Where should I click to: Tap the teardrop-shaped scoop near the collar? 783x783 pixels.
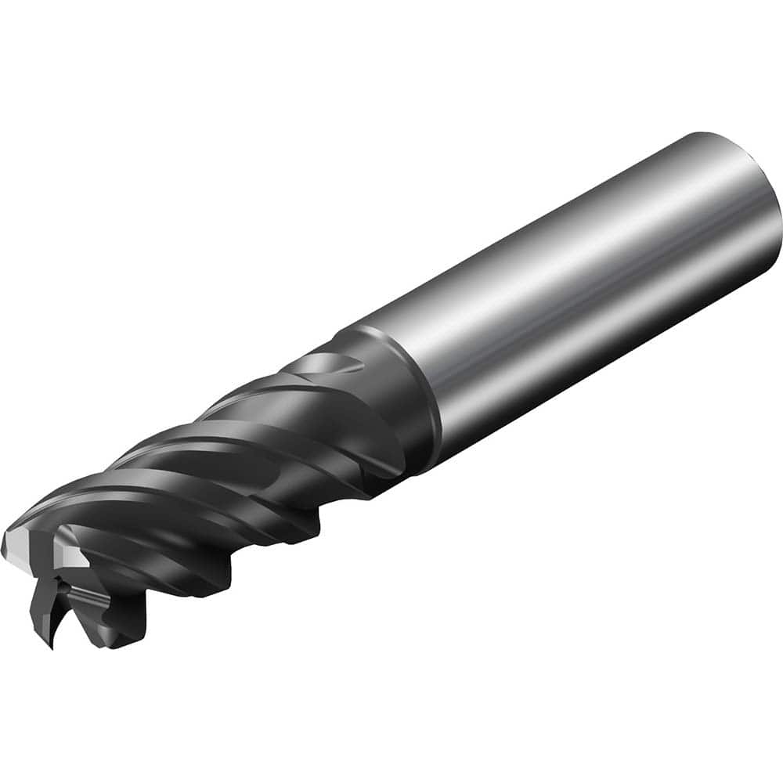coord(333,368)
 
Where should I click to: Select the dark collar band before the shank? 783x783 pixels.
coord(399,407)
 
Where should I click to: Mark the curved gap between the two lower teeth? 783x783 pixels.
coord(74,619)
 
